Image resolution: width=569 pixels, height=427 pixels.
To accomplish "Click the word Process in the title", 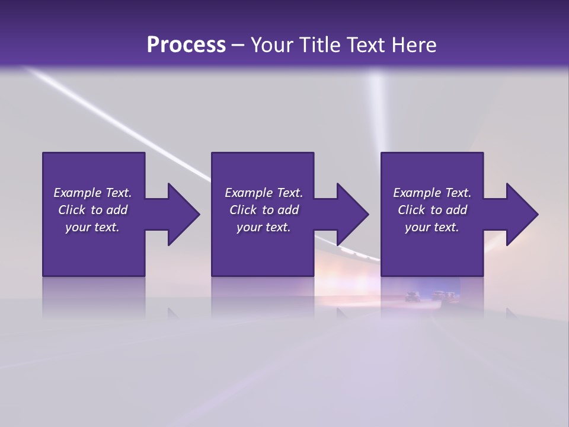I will pyautogui.click(x=186, y=45).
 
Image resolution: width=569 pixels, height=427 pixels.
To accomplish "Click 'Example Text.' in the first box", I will pyautogui.click(x=92, y=193).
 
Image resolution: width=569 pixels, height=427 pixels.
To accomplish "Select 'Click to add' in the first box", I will pyautogui.click(x=92, y=210).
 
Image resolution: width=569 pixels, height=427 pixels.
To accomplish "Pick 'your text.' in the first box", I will pyautogui.click(x=92, y=227).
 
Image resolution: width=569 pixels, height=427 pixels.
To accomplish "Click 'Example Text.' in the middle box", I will pyautogui.click(x=264, y=193).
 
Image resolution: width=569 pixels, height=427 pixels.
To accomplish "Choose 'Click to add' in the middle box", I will pyautogui.click(x=264, y=210).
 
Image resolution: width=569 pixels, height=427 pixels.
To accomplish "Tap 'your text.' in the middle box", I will pyautogui.click(x=264, y=227).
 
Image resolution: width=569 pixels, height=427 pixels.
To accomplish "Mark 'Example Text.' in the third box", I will pyautogui.click(x=432, y=193).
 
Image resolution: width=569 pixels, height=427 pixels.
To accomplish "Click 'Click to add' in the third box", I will pyautogui.click(x=432, y=210).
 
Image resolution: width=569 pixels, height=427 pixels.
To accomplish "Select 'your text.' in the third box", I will pyautogui.click(x=432, y=227).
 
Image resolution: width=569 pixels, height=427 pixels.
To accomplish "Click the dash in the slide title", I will pyautogui.click(x=238, y=46).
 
